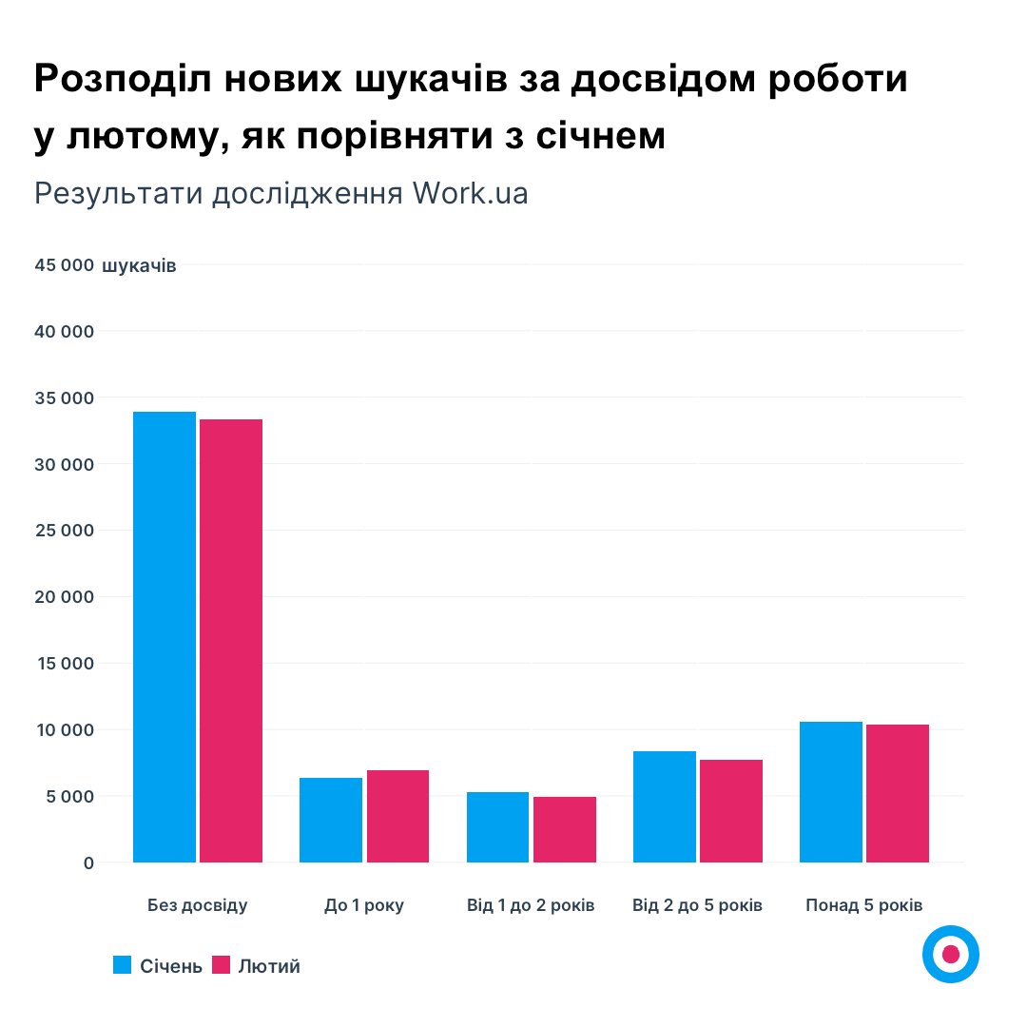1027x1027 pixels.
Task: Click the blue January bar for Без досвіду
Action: [x=165, y=637]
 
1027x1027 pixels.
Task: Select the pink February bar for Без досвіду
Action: [x=231, y=641]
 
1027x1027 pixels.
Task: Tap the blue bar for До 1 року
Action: [x=331, y=820]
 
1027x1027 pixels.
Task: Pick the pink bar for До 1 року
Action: [x=397, y=816]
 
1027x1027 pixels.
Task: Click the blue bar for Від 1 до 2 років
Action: [x=497, y=827]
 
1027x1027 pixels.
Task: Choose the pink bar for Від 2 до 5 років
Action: [x=731, y=811]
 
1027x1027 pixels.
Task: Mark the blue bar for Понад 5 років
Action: [x=831, y=792]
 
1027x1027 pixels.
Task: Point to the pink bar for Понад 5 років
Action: [x=898, y=793]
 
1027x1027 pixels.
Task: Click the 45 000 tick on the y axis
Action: [x=64, y=265]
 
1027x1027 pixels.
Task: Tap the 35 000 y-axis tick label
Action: [x=64, y=397]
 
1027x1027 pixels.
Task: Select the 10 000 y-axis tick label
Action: [x=64, y=730]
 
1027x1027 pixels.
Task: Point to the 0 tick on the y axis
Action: [x=87, y=862]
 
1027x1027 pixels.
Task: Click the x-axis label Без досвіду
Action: [x=198, y=905]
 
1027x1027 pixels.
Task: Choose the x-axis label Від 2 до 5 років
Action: [x=697, y=905]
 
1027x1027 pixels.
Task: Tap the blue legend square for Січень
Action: [x=122, y=965]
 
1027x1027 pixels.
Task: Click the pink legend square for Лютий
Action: [x=221, y=965]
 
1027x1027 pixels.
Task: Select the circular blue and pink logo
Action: [x=950, y=954]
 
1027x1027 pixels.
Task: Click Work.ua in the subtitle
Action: [x=470, y=193]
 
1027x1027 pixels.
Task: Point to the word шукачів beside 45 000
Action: [x=138, y=265]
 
